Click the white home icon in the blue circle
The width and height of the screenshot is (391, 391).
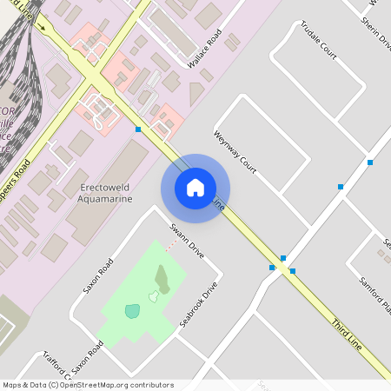pyautogui.click(x=195, y=188)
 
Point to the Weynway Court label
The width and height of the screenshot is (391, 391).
pyautogui.click(x=235, y=149)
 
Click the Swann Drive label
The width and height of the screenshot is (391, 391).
pyautogui.click(x=187, y=242)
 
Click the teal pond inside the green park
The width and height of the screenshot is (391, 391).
pyautogui.click(x=131, y=311)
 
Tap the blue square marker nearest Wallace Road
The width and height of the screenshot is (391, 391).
pyautogui.click(x=138, y=129)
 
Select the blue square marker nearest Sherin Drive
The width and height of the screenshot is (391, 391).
pyautogui.click(x=370, y=162)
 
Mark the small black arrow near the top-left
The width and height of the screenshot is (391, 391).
pyautogui.click(x=41, y=27)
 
